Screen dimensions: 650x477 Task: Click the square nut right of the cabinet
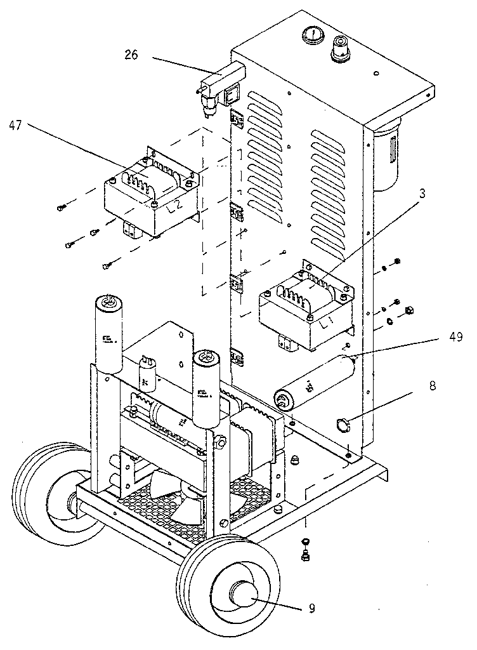click(409, 310)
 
